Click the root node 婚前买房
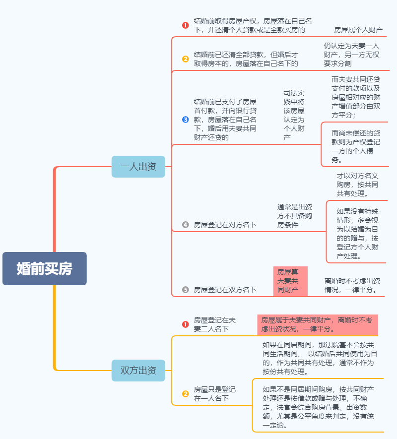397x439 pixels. pos(45,268)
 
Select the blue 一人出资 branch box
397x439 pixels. pos(138,167)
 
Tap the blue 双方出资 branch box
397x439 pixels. pos(138,371)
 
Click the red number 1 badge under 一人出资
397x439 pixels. pos(186,25)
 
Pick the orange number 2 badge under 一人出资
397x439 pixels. pos(186,59)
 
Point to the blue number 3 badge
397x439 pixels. pos(186,120)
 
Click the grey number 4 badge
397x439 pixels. pos(186,225)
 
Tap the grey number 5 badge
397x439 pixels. pos(186,290)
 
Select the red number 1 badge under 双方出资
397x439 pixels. pos(186,324)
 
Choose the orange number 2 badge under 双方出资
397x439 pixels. pos(186,394)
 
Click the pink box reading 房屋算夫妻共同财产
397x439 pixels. pos(290,281)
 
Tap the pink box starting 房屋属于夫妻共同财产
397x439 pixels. pos(318,325)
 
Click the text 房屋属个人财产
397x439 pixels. pos(358,30)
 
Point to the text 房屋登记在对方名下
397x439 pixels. pos(225,225)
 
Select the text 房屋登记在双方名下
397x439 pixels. pos(225,290)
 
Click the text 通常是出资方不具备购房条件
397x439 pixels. pos(294,216)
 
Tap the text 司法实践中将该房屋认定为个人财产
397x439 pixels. pos(294,115)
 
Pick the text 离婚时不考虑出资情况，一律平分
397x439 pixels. pos(352,285)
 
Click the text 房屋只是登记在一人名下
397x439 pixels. pos(214,394)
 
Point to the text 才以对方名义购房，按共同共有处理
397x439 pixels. pos(357,185)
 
